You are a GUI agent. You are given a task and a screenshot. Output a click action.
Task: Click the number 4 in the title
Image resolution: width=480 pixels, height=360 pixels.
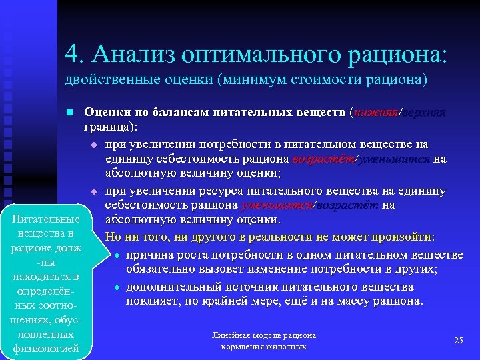[71, 53]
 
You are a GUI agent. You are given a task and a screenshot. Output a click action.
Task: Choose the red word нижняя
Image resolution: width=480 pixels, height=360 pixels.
[375, 113]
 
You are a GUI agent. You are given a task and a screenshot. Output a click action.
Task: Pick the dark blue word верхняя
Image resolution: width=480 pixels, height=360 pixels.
[424, 113]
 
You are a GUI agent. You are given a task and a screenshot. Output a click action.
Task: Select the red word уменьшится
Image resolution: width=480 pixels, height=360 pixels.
[278, 205]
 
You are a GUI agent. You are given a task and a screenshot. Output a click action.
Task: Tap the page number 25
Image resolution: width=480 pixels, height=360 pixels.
[458, 341]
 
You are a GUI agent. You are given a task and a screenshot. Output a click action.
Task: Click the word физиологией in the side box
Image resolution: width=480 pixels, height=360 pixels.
[45, 347]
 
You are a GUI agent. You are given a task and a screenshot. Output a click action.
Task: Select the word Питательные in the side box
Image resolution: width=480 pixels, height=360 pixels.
[45, 219]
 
